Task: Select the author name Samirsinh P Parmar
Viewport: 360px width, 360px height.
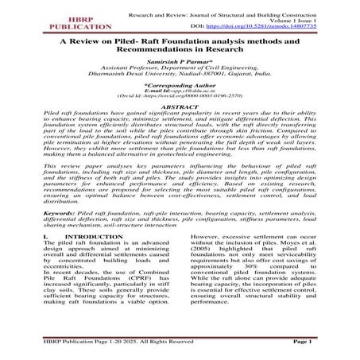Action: coord(179,72)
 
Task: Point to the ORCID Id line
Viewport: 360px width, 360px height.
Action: coord(180,118)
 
